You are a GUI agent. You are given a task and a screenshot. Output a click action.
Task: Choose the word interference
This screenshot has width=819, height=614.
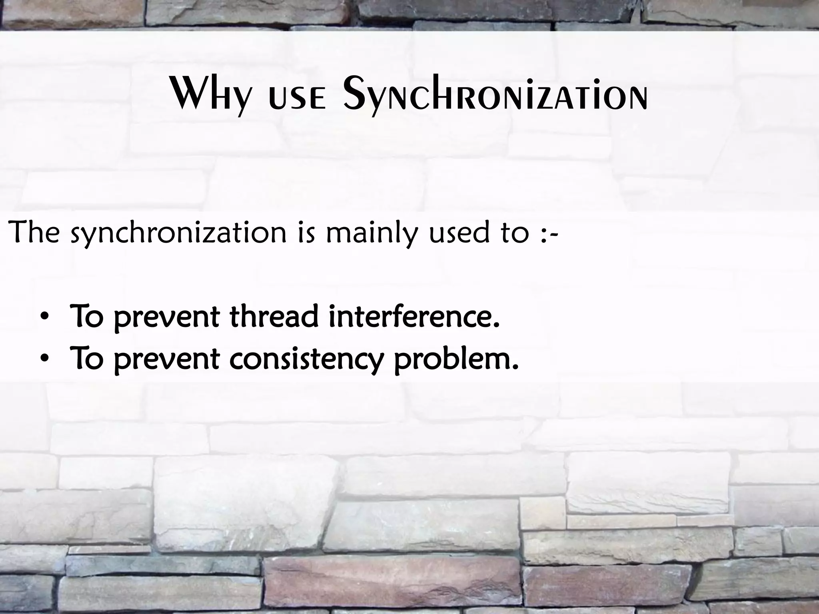(414, 316)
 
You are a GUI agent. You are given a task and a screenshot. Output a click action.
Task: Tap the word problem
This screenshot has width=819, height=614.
(456, 359)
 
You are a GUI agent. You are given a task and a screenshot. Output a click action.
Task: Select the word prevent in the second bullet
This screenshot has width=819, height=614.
(166, 359)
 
